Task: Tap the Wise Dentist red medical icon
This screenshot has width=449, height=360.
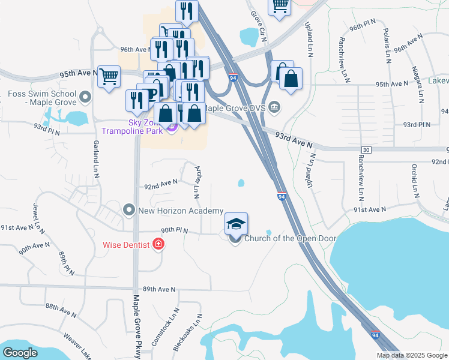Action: pyautogui.click(x=158, y=244)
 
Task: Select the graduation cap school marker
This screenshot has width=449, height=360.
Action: pyautogui.click(x=236, y=224)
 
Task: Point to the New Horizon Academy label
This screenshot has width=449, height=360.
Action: pyautogui.click(x=180, y=211)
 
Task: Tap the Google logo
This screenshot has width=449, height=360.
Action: pyautogui.click(x=20, y=352)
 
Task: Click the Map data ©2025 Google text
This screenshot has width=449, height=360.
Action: pyautogui.click(x=412, y=355)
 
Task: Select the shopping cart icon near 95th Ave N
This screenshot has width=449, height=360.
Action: pyautogui.click(x=109, y=77)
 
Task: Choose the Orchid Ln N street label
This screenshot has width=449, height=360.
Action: pyautogui.click(x=414, y=180)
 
